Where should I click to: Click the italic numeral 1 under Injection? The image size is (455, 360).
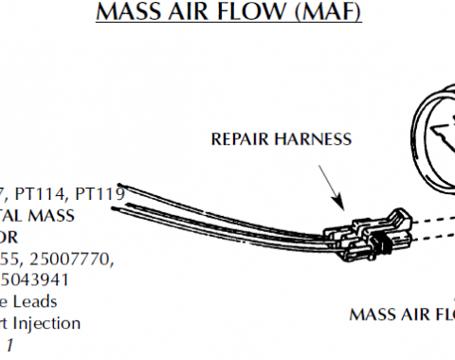[11, 344]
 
